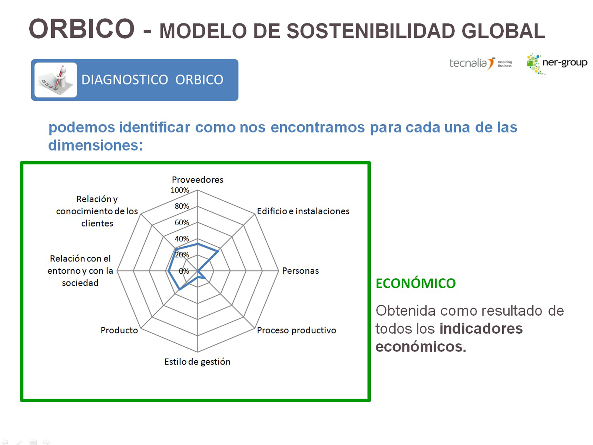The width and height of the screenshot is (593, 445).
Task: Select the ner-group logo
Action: [557, 64]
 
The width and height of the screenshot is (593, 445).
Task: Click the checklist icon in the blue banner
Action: [56, 80]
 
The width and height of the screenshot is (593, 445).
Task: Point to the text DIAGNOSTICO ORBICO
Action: [152, 80]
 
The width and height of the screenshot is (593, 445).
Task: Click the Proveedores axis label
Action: [198, 180]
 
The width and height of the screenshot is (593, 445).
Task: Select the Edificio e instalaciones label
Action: [303, 211]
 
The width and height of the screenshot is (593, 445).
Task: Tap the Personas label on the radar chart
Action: [301, 271]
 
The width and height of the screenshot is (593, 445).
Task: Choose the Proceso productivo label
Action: [296, 330]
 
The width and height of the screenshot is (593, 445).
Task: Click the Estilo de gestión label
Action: [197, 362]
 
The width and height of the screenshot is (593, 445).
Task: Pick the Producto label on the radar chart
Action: [119, 330]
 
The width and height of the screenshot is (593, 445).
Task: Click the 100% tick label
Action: [180, 190]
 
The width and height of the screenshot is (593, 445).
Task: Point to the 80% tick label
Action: [182, 206]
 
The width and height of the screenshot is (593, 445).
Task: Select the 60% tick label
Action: [182, 222]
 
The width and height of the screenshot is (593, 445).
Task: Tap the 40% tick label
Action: [182, 238]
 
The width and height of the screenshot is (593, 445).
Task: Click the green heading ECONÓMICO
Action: [415, 283]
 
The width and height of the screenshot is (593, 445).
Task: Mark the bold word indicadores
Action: [481, 329]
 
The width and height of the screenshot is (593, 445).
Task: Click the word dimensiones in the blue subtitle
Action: [95, 145]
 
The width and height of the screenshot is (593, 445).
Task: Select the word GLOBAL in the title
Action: [503, 31]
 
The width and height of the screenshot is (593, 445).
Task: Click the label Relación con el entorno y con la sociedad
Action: [80, 271]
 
